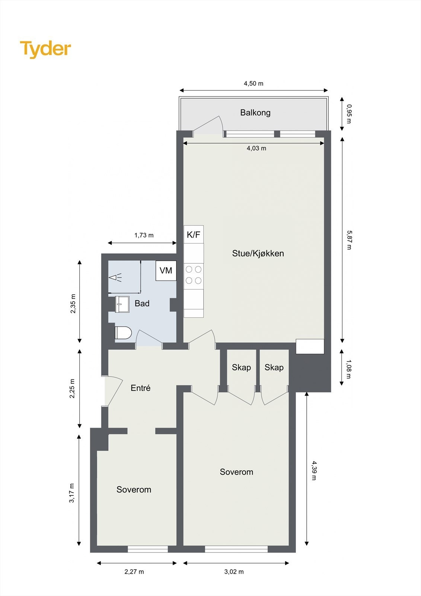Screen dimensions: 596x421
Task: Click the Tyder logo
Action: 45,49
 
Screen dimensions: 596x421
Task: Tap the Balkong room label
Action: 255,112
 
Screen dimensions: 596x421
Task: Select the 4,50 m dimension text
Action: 253,83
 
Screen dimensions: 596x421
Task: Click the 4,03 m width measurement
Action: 256,148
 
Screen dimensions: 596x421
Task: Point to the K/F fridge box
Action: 194,235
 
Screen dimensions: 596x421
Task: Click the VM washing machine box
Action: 166,270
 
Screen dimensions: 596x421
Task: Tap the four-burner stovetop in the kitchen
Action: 194,275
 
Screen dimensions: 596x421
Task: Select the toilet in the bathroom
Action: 123,333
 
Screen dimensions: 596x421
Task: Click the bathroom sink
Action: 122,304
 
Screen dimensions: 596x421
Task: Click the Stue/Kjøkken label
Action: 258,253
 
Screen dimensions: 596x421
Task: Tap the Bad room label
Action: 142,304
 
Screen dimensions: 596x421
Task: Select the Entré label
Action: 140,388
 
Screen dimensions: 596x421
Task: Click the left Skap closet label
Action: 241,368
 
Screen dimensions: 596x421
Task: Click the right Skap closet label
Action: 274,368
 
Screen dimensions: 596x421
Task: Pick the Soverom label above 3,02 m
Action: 236,472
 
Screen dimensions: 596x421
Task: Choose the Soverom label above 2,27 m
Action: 134,489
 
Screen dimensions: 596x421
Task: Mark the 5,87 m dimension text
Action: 348,240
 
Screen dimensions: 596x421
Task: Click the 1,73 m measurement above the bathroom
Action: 144,235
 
